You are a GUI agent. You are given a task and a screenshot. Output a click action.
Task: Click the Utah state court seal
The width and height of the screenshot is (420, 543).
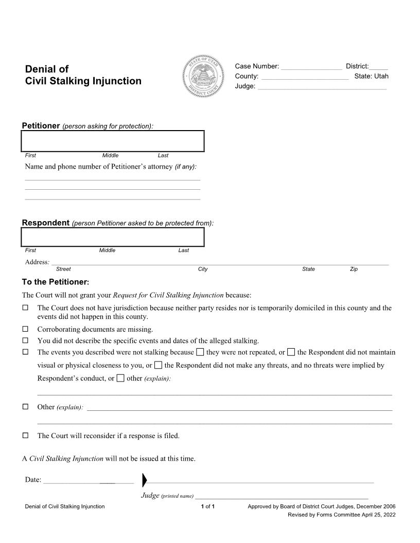204,77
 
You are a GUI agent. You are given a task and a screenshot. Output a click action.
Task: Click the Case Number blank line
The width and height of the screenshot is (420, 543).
311,67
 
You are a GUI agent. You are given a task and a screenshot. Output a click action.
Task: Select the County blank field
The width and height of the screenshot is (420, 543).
305,77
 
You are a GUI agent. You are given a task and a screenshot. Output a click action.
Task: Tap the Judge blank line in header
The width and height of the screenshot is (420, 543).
322,87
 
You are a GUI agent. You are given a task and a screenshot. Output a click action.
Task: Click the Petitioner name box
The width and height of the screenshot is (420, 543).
113,141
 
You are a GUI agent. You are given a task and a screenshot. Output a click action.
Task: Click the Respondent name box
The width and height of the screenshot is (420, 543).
113,237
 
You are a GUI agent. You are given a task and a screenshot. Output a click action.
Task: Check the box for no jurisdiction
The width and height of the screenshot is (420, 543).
25,308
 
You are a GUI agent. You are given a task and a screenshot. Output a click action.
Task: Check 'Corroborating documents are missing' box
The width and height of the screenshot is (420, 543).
25,329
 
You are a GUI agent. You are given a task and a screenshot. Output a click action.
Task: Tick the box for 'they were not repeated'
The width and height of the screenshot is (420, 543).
200,352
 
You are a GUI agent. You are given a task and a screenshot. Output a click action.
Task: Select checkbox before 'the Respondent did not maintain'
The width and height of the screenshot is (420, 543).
291,352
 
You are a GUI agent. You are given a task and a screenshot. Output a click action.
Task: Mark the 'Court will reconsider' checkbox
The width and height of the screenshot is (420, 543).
25,436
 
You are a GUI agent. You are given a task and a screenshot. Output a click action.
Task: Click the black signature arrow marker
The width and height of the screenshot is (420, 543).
144,480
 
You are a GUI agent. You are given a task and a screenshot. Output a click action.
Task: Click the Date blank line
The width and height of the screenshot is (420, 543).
88,481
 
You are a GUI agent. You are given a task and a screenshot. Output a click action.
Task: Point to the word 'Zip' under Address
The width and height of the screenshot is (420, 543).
354,269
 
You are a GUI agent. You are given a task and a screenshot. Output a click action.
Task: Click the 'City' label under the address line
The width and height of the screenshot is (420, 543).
203,269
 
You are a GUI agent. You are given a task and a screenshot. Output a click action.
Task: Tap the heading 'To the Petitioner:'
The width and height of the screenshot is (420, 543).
56,282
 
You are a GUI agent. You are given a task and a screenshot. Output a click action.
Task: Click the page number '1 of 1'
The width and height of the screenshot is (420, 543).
207,506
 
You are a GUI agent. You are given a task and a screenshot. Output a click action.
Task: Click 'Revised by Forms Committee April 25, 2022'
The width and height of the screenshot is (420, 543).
341,515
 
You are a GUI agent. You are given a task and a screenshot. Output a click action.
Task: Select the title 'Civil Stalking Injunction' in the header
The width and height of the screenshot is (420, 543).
83,81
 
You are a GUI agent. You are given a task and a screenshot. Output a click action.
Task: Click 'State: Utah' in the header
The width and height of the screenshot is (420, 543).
371,77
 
